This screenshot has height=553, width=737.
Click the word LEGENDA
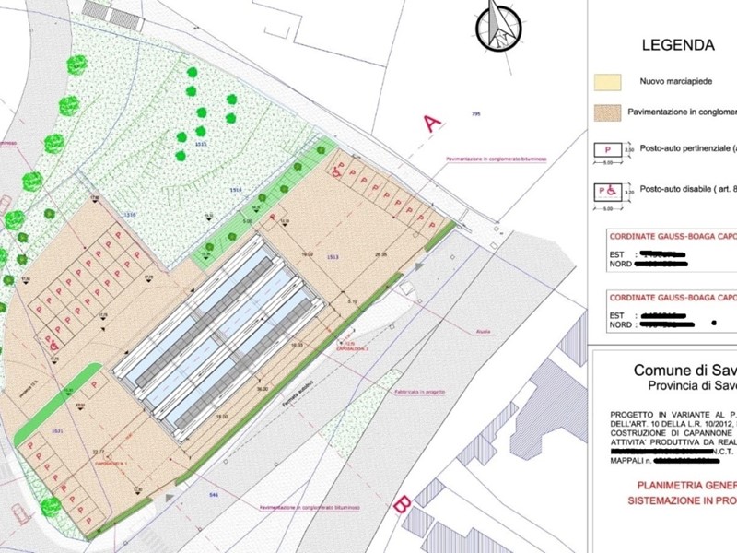[678, 45]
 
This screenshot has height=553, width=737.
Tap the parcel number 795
[476, 113]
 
